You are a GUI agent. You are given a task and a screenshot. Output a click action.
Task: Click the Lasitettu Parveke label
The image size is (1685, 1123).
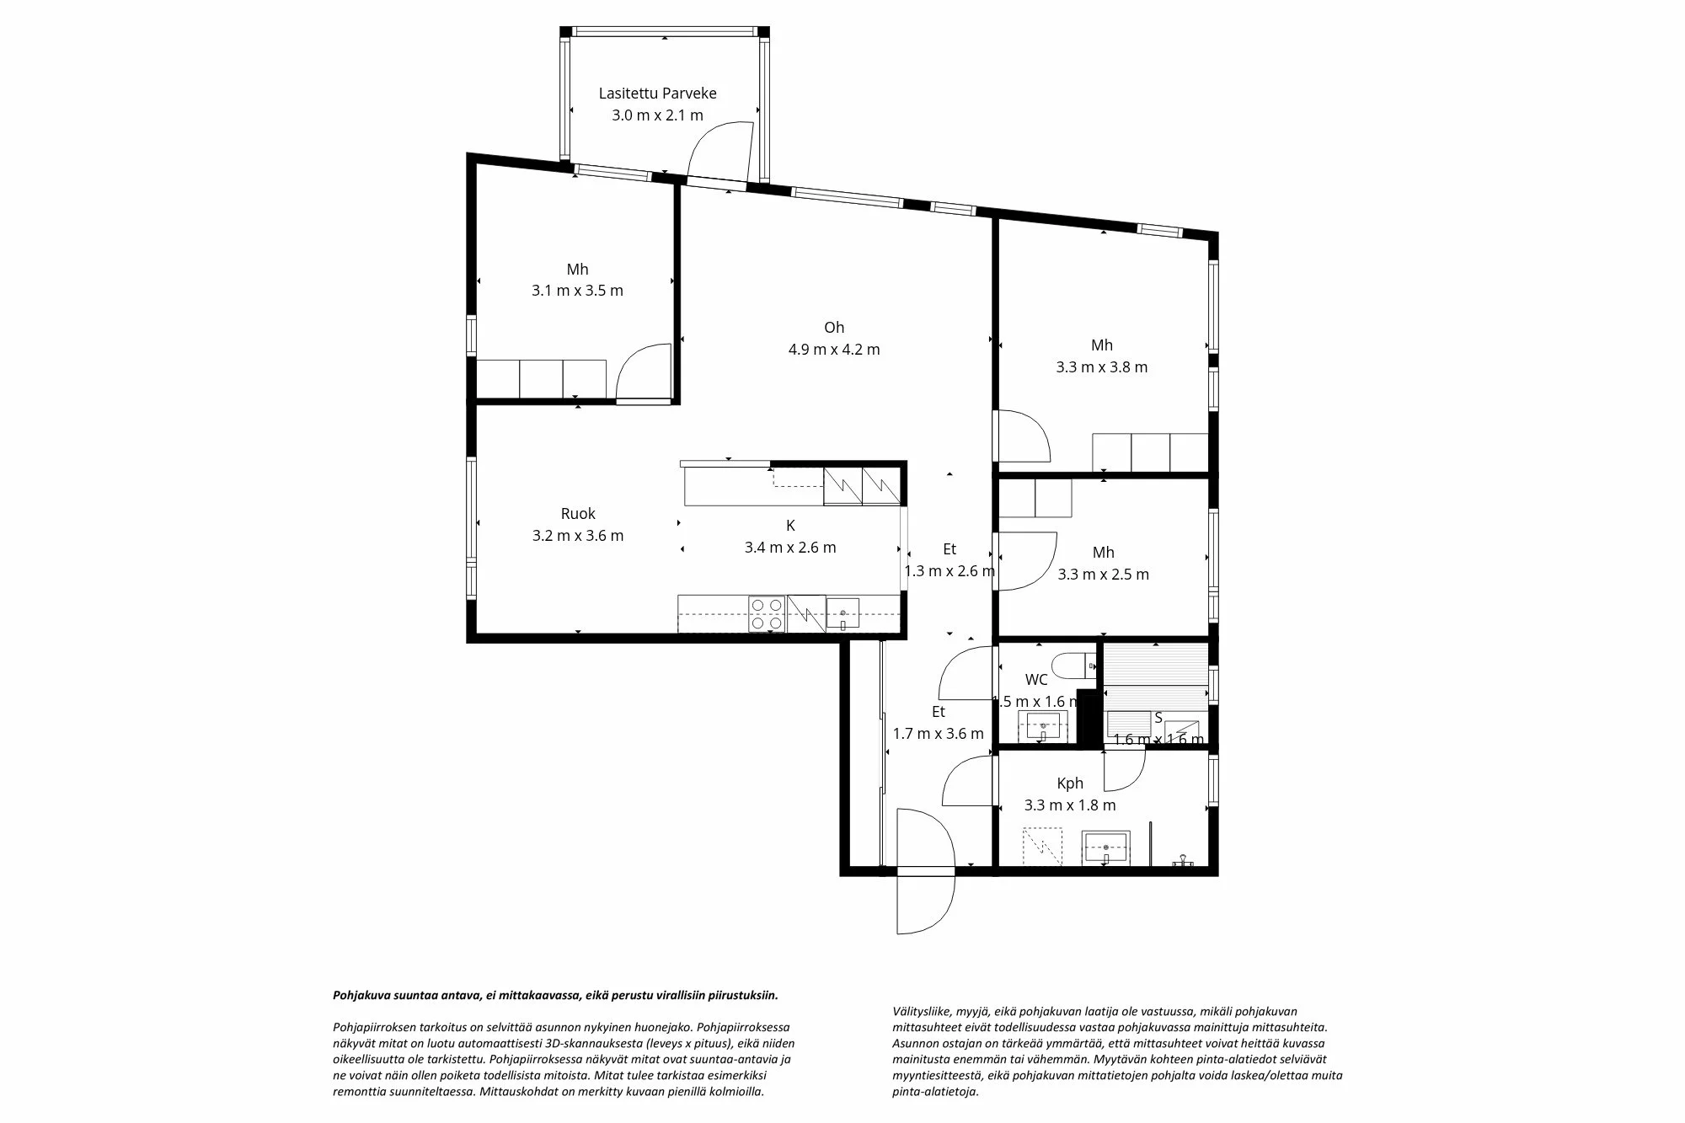coord(657,94)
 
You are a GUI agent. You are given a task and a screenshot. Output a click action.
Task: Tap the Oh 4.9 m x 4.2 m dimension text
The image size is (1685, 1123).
coord(834,350)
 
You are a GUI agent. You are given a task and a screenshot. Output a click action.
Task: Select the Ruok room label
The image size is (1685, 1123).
coord(578,514)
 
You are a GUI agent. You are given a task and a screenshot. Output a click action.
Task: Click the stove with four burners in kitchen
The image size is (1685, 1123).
coord(767,613)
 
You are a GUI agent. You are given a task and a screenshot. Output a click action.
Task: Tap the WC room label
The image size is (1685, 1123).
coord(1036,680)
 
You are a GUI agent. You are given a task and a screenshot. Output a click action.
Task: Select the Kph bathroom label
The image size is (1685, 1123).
coord(1070,783)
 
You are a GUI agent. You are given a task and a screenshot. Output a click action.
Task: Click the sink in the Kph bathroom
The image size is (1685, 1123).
coord(1105,846)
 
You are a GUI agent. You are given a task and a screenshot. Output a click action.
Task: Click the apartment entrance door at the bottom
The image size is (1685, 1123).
coord(925,870)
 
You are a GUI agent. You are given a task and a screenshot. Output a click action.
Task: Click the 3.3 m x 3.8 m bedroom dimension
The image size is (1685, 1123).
coord(1102,367)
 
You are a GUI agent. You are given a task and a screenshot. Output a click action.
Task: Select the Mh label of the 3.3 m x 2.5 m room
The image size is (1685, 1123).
coord(1103,553)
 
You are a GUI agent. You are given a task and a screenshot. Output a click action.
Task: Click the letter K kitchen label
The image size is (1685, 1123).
coord(790,526)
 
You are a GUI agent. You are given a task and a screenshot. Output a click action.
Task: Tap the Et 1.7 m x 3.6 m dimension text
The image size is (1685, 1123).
coord(938,734)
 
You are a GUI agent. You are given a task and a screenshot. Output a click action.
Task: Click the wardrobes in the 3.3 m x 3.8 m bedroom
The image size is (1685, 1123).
coord(1150,452)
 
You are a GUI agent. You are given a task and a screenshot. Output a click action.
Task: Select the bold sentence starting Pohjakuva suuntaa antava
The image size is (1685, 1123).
coord(555,995)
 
